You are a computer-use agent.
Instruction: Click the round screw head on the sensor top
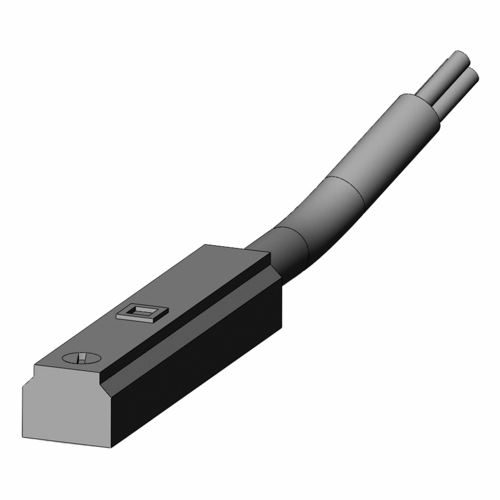point(82,358)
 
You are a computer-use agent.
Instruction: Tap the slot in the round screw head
point(81,358)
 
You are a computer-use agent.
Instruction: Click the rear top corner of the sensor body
point(206,245)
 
